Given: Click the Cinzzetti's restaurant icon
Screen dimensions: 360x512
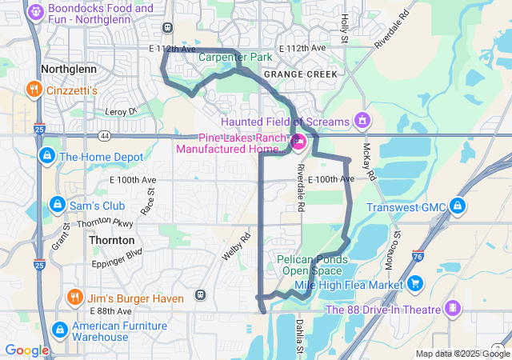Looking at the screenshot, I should pyautogui.click(x=34, y=90).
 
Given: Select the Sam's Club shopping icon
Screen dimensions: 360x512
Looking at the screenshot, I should pyautogui.click(x=57, y=206).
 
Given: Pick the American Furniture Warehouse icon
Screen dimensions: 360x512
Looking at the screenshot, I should pyautogui.click(x=60, y=330).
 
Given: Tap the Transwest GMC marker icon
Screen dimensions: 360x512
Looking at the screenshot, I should pyautogui.click(x=458, y=207).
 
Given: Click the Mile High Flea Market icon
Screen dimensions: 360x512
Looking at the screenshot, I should pyautogui.click(x=415, y=283).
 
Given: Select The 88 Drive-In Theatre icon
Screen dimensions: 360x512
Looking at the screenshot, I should pyautogui.click(x=454, y=310).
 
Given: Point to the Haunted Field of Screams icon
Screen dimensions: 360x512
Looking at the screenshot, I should pyautogui.click(x=362, y=121).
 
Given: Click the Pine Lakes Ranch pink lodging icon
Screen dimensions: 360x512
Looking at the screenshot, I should pyautogui.click(x=298, y=143).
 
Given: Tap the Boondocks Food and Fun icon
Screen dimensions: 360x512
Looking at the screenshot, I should pyautogui.click(x=36, y=12).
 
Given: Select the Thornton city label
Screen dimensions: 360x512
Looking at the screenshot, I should pyautogui.click(x=112, y=240).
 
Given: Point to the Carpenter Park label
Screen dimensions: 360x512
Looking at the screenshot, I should pyautogui.click(x=235, y=58).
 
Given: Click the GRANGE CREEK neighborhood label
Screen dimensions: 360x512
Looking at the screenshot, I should pyautogui.click(x=300, y=74).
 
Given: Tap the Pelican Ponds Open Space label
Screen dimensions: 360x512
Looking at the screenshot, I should pyautogui.click(x=312, y=265).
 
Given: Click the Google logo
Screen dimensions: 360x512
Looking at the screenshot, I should pyautogui.click(x=26, y=350).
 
